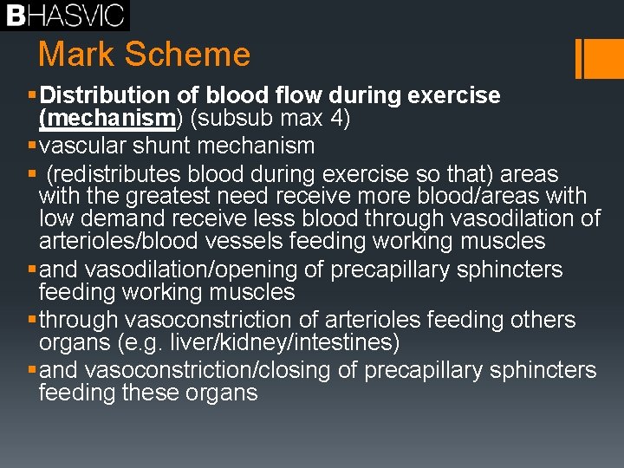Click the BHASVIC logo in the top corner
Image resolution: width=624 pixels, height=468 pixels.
(x=64, y=15)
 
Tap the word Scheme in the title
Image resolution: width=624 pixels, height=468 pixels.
(x=187, y=55)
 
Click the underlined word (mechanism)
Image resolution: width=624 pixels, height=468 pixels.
(x=108, y=118)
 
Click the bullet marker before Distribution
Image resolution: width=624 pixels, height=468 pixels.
(x=33, y=94)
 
